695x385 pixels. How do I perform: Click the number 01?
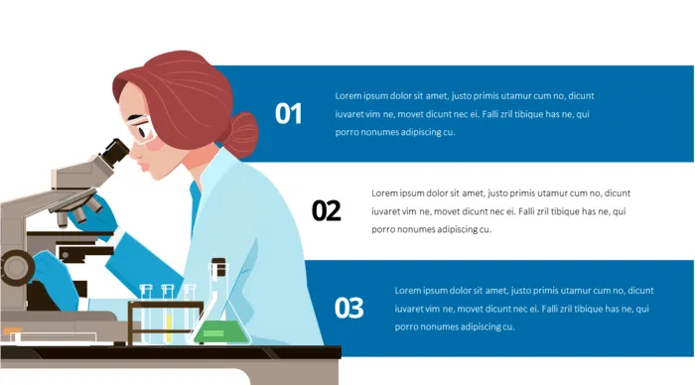point(288,114)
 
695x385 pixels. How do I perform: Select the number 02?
point(326,210)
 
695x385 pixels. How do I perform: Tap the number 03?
point(348,308)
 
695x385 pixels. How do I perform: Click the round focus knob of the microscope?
point(15,266)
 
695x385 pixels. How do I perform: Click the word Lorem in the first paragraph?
point(347,96)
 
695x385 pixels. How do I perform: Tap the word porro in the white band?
point(384,229)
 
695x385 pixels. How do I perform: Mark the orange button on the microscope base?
point(11,331)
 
